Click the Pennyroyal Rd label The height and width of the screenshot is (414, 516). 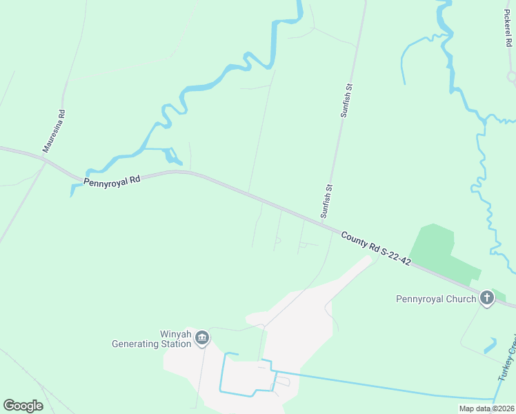coord(112,181)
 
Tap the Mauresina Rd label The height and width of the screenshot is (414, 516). coord(53,130)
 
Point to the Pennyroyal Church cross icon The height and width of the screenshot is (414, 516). coord(487,298)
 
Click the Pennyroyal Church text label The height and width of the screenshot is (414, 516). coord(436,299)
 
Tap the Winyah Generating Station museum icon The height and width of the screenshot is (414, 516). coord(202,337)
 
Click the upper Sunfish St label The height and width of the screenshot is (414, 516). coord(347,100)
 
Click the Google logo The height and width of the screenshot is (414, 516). coord(23,406)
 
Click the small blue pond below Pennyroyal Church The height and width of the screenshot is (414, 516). coord(490,345)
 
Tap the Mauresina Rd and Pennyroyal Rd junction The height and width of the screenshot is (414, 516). coord(44,160)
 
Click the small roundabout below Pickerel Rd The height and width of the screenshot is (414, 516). coord(512,77)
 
